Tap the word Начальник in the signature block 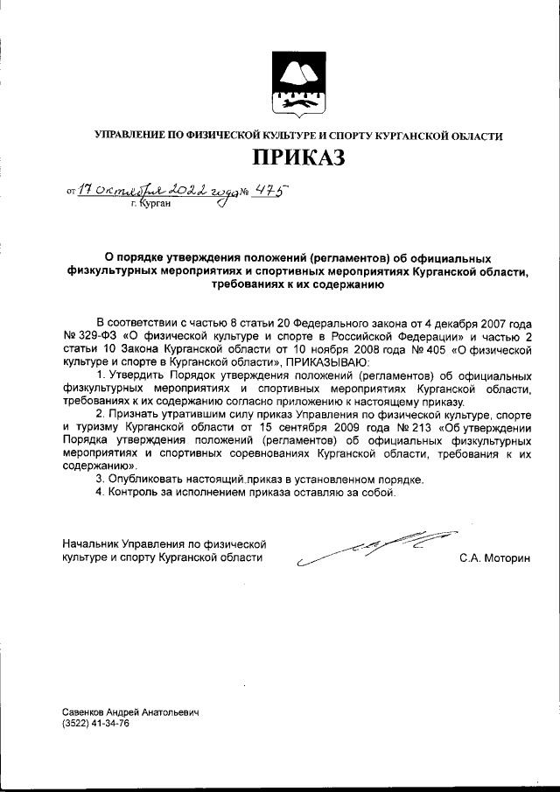(x=90, y=544)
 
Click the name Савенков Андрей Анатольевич (x=131, y=713)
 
